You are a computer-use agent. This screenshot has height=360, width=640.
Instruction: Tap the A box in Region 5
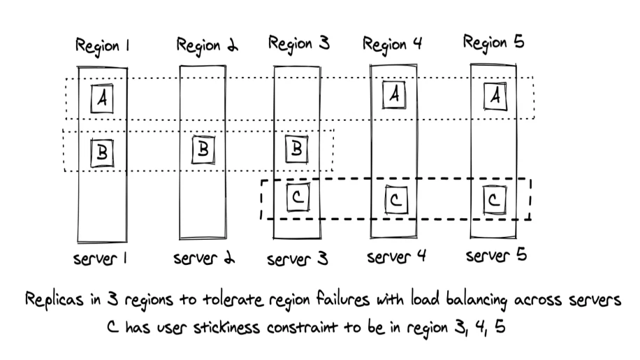click(495, 97)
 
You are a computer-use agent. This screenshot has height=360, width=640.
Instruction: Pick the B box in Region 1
click(102, 152)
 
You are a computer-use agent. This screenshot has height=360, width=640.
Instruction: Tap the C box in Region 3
click(298, 199)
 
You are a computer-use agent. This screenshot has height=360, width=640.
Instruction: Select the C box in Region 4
click(395, 201)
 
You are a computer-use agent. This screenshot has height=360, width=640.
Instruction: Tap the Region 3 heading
click(298, 44)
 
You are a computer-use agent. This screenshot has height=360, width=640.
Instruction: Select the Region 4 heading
click(393, 44)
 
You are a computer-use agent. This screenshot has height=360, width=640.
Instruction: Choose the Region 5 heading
click(493, 43)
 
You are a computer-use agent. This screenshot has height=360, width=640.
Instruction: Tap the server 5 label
click(495, 256)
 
